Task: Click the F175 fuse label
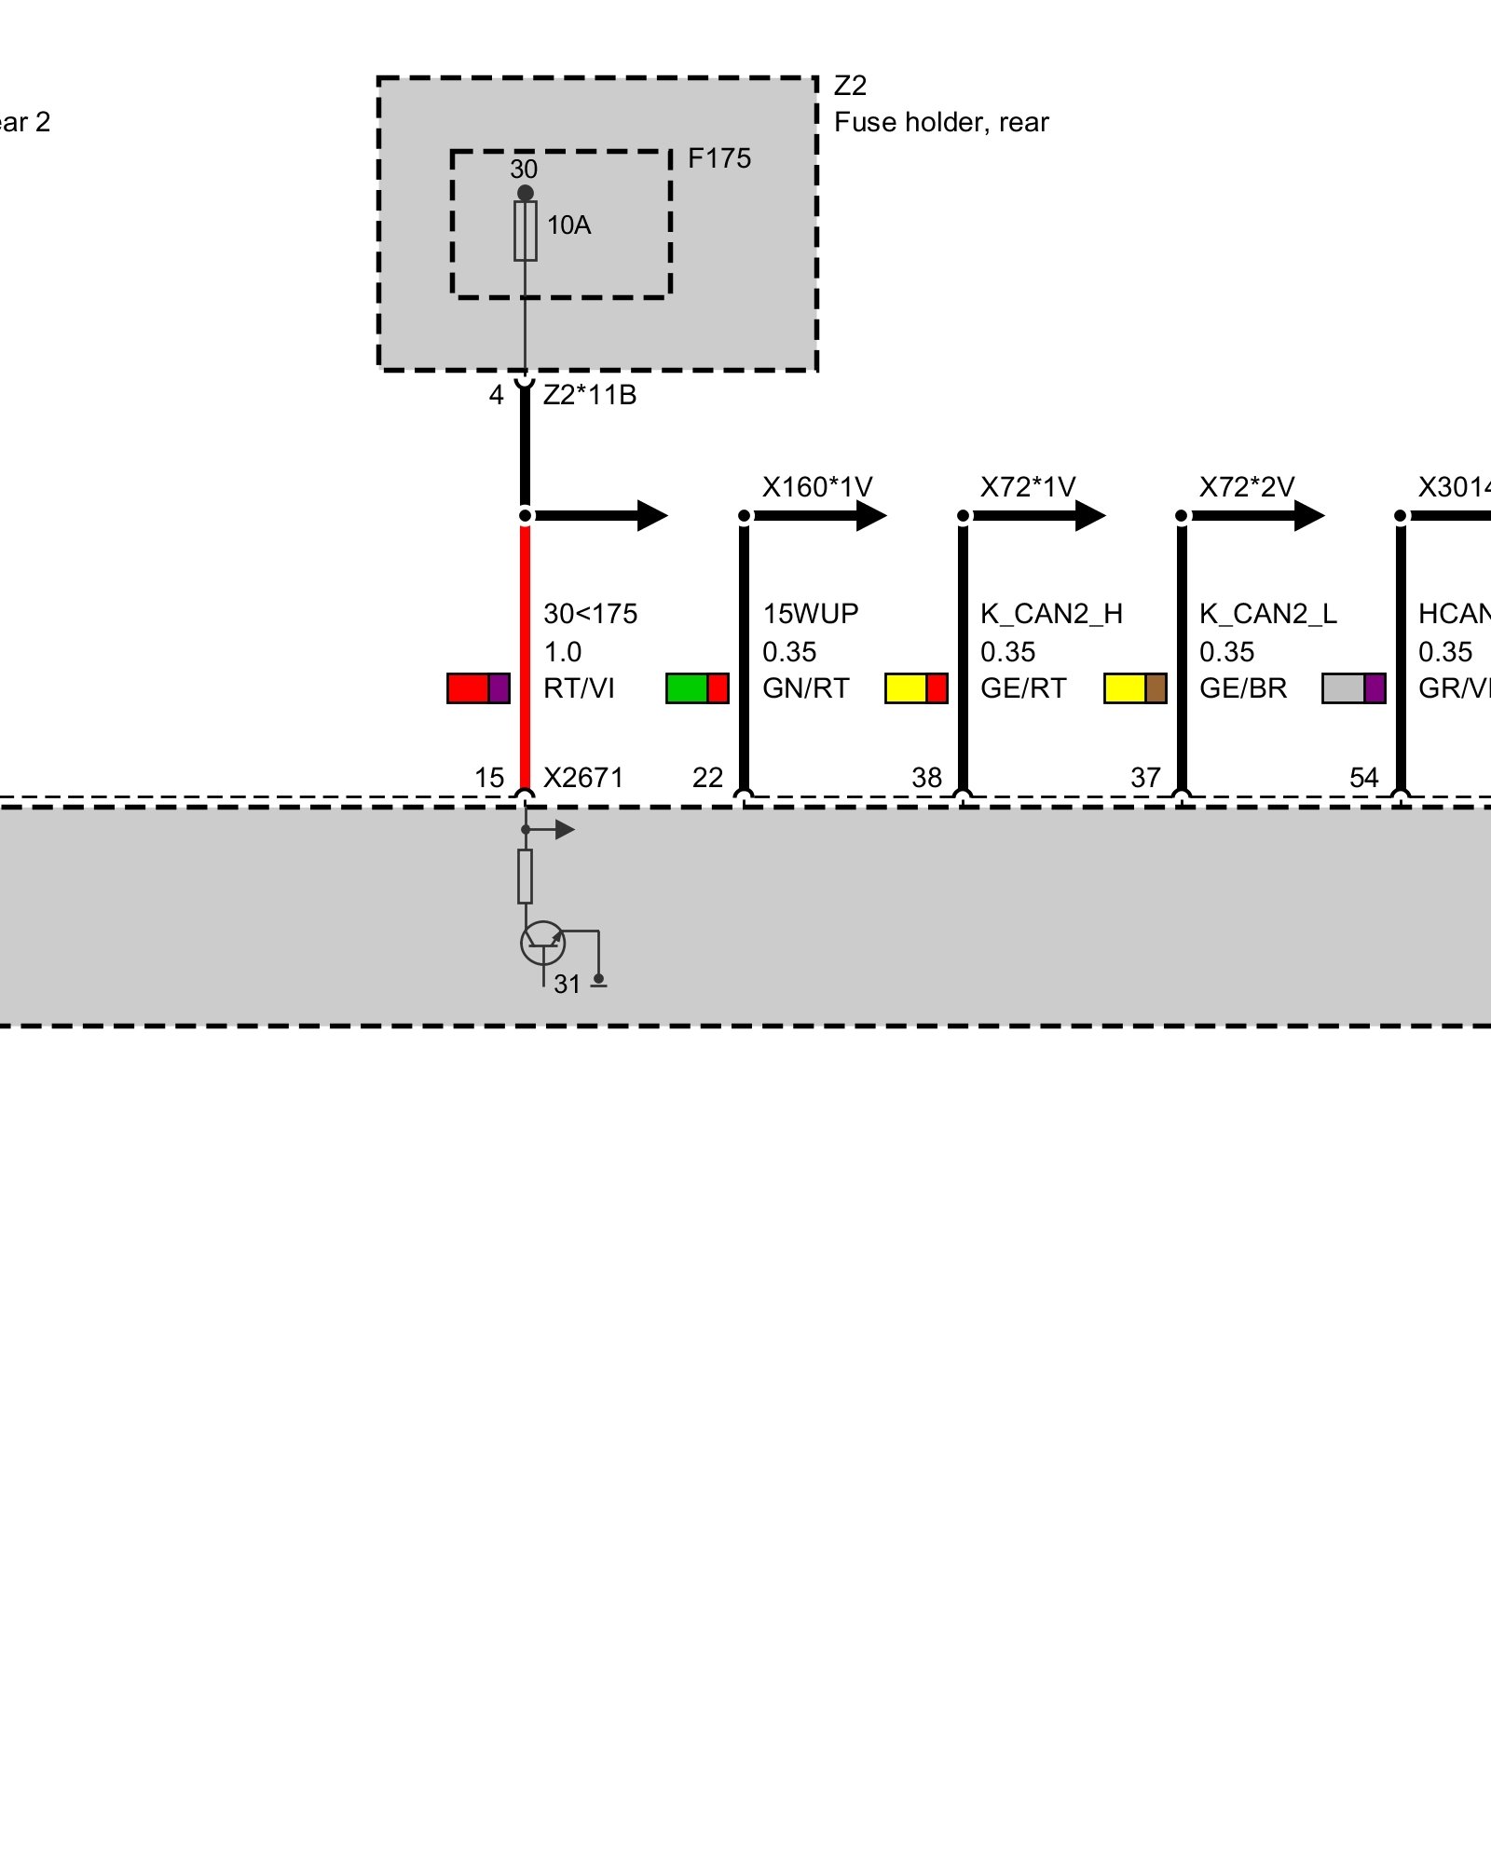coord(718,159)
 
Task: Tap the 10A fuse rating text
coord(568,225)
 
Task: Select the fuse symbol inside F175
coord(526,231)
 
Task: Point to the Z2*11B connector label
coord(590,395)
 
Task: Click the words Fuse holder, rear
coord(941,123)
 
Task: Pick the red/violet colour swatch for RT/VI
coord(478,688)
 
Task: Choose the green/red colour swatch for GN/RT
coord(697,688)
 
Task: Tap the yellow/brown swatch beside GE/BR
coord(1135,688)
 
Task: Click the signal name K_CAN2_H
coord(1051,614)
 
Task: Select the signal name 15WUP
coord(811,614)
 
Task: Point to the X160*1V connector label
coord(817,487)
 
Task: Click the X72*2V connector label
coord(1247,487)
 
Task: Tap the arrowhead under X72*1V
coord(1090,515)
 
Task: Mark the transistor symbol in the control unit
coord(542,943)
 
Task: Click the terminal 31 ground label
coord(567,985)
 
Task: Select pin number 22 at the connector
coord(707,778)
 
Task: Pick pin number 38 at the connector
coord(926,778)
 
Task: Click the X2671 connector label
coord(583,778)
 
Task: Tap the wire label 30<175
coord(591,614)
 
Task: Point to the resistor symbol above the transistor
coord(526,876)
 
